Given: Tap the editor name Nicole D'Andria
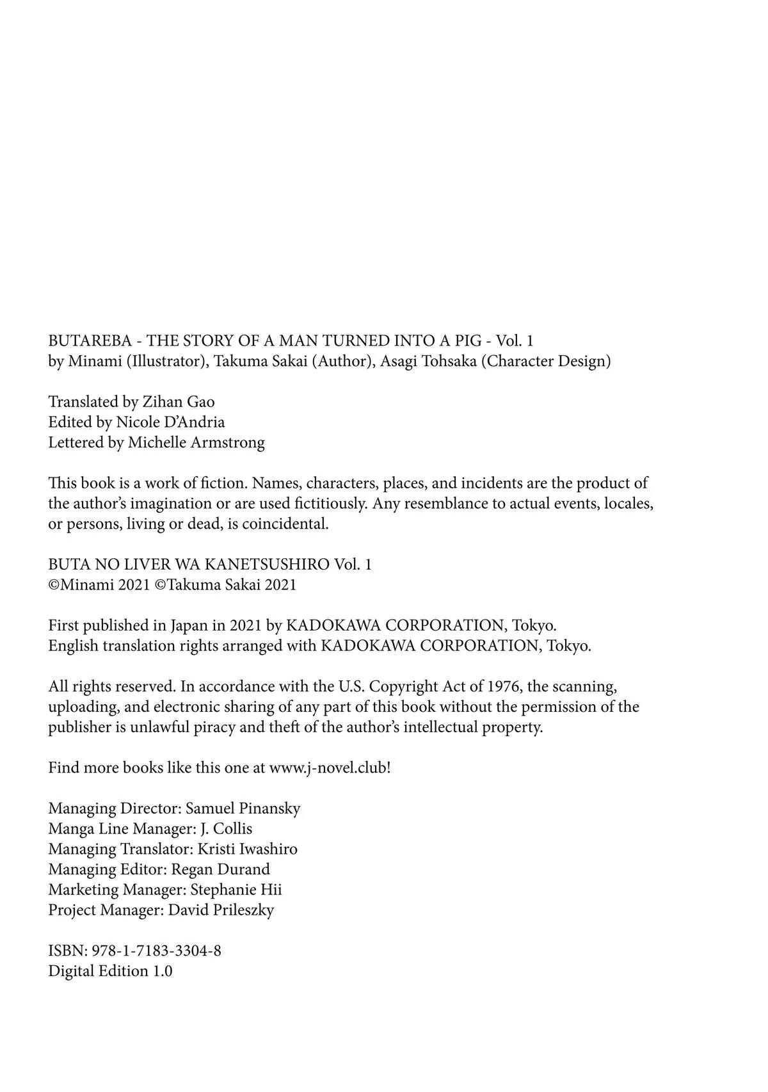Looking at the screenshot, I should (x=170, y=422).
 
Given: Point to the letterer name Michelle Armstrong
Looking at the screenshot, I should (x=196, y=442).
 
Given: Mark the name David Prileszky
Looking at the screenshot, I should (x=221, y=910).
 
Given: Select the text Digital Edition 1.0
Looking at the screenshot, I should (x=110, y=971).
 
